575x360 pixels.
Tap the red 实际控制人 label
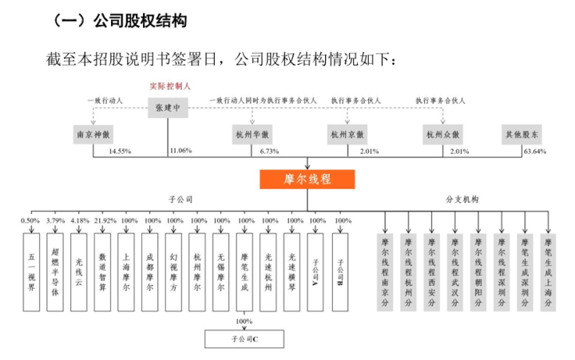169,86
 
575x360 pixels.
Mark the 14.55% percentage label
120,151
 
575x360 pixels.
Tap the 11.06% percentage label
180,151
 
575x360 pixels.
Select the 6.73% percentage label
268,151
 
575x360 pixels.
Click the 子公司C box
238,339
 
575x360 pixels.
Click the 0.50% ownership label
30,220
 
